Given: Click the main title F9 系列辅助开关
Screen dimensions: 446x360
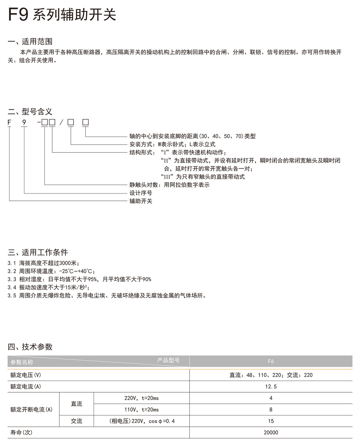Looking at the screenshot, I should pyautogui.click(x=62, y=14).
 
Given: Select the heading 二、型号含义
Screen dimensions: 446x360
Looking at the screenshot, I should pyautogui.click(x=30, y=112).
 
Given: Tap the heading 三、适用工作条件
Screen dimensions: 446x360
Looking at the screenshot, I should pyautogui.click(x=38, y=252).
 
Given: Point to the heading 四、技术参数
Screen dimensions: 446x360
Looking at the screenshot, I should pyautogui.click(x=30, y=347).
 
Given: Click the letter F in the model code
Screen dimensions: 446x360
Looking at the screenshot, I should pyautogui.click(x=9, y=122).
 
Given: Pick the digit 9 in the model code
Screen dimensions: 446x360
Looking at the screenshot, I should pyautogui.click(x=24, y=122).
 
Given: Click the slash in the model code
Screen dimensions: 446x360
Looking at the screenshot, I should pyautogui.click(x=61, y=122).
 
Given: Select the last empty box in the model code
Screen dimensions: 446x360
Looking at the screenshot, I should pyautogui.click(x=85, y=122).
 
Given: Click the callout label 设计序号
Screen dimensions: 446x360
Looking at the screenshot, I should pyautogui.click(x=141, y=193).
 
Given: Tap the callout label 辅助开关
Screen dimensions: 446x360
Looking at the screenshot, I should pyautogui.click(x=141, y=201).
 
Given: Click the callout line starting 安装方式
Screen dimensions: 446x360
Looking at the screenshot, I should pyautogui.click(x=172, y=144).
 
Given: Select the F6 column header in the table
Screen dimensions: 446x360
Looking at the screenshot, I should pyautogui.click(x=271, y=361).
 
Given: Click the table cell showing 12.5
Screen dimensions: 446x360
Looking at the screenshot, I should pyautogui.click(x=271, y=387).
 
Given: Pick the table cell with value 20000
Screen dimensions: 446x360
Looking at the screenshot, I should pyautogui.click(x=271, y=432).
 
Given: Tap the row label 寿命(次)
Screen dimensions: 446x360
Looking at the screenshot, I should pyautogui.click(x=21, y=432).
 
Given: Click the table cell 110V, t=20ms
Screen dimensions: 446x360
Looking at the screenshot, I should pyautogui.click(x=141, y=410).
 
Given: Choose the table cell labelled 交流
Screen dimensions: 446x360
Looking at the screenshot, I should pyautogui.click(x=76, y=421).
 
